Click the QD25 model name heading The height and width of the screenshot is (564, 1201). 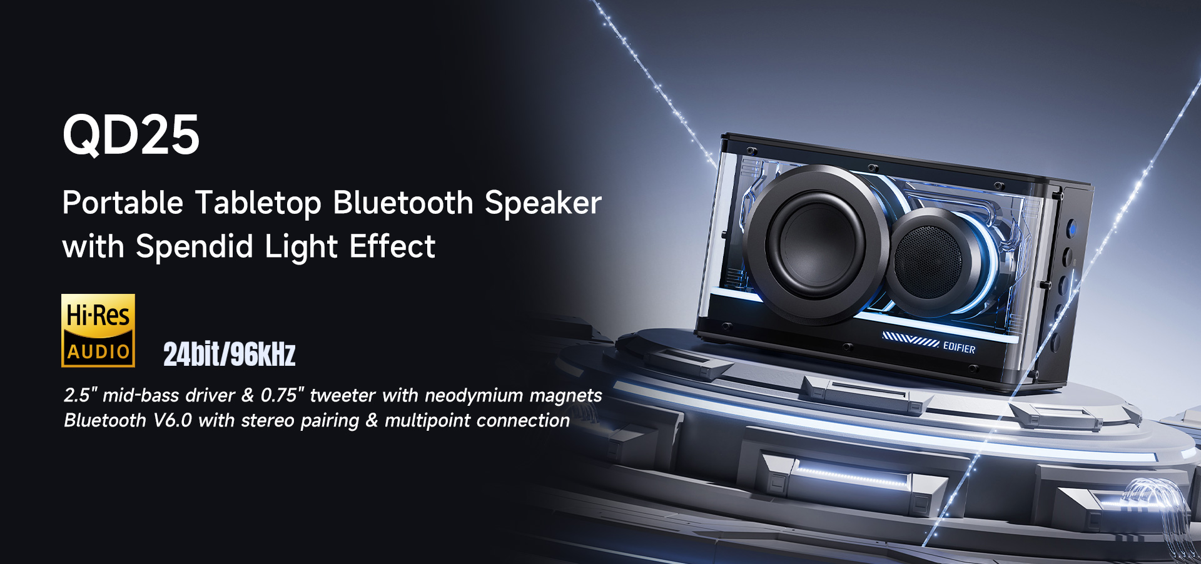(131, 134)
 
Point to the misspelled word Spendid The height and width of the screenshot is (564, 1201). (195, 246)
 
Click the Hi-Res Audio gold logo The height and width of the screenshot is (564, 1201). (98, 330)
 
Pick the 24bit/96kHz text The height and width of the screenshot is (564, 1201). (230, 355)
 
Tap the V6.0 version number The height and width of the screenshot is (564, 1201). (173, 420)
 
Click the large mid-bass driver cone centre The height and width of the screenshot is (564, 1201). (816, 244)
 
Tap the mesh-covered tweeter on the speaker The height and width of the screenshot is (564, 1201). (928, 261)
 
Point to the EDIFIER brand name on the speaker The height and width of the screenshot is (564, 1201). (959, 347)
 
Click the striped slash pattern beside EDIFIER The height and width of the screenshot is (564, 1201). (910, 340)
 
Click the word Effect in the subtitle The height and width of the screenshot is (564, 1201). (392, 246)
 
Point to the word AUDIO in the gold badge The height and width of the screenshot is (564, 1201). (98, 352)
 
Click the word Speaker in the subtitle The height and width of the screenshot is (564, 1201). (543, 203)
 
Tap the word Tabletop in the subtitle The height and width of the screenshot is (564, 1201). (258, 203)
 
